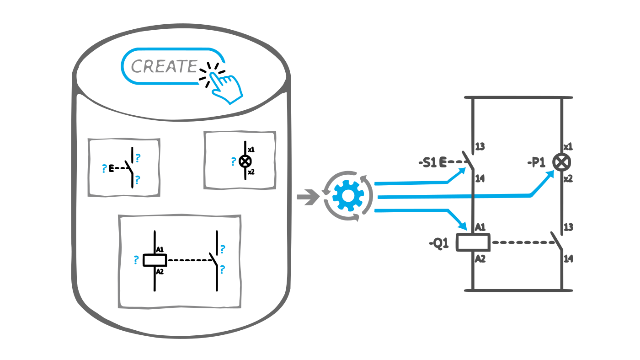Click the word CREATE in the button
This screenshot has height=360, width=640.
point(164,67)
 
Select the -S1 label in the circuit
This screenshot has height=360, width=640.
point(427,162)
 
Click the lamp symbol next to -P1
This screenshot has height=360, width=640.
point(561,162)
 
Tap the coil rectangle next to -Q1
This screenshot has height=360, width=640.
point(474,242)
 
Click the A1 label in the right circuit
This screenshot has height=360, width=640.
point(480,227)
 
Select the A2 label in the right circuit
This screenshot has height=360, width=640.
point(480,258)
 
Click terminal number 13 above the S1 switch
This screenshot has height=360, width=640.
point(480,147)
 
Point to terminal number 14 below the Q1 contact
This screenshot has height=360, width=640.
point(568,259)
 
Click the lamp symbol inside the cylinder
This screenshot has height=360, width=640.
point(245,161)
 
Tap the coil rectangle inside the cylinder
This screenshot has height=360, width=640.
point(155,260)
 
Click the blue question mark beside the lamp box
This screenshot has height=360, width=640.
point(233,161)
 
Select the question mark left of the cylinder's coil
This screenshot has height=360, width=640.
point(136,260)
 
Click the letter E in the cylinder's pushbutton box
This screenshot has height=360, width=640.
point(111,168)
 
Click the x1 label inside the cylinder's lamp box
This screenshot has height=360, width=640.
point(251,150)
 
